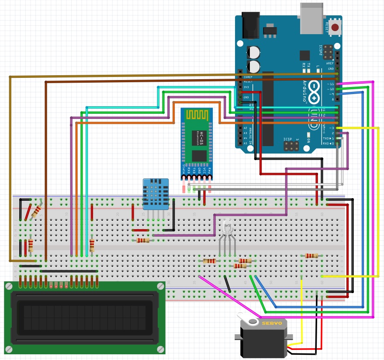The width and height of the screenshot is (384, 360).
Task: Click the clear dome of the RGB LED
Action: point(227,227)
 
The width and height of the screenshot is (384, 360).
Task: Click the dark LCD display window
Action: point(84,318)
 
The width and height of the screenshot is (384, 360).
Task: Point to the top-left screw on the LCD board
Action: point(9,286)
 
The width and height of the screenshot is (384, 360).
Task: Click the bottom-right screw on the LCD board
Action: point(160,349)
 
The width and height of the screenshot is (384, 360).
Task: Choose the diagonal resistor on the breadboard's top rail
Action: point(37,211)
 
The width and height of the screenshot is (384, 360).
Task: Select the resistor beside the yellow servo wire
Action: point(311,255)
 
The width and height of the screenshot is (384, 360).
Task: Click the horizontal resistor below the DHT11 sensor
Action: point(143,240)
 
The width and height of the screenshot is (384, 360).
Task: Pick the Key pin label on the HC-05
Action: point(210,170)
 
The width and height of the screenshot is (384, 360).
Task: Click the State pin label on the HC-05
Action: point(183,170)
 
